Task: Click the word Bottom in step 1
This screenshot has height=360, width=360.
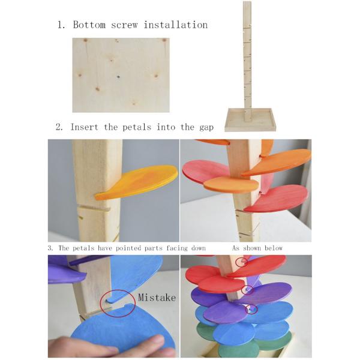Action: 89,25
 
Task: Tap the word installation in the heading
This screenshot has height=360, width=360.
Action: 176,25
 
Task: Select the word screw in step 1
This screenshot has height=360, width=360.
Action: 124,25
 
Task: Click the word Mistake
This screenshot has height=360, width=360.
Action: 157,298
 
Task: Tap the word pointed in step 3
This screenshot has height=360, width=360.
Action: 128,248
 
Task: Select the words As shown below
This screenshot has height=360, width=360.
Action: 257,248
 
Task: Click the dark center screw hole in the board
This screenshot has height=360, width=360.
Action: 118,77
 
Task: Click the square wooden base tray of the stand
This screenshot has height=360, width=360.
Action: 251,120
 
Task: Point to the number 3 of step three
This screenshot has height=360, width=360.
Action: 50,248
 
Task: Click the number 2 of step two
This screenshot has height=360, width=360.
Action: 59,127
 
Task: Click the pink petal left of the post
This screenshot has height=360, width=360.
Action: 204,171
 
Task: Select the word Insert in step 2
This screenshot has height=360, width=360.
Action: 84,127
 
